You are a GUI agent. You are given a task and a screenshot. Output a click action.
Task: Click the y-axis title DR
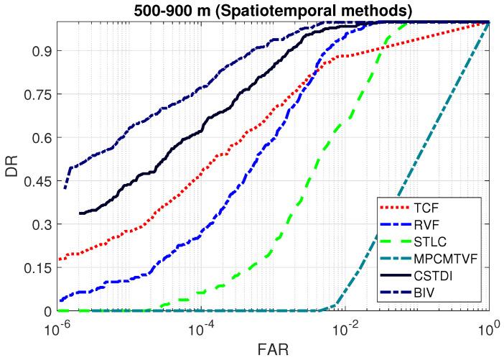tap(12, 166)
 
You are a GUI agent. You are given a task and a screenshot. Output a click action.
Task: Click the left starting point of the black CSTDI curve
tap(80, 213)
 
